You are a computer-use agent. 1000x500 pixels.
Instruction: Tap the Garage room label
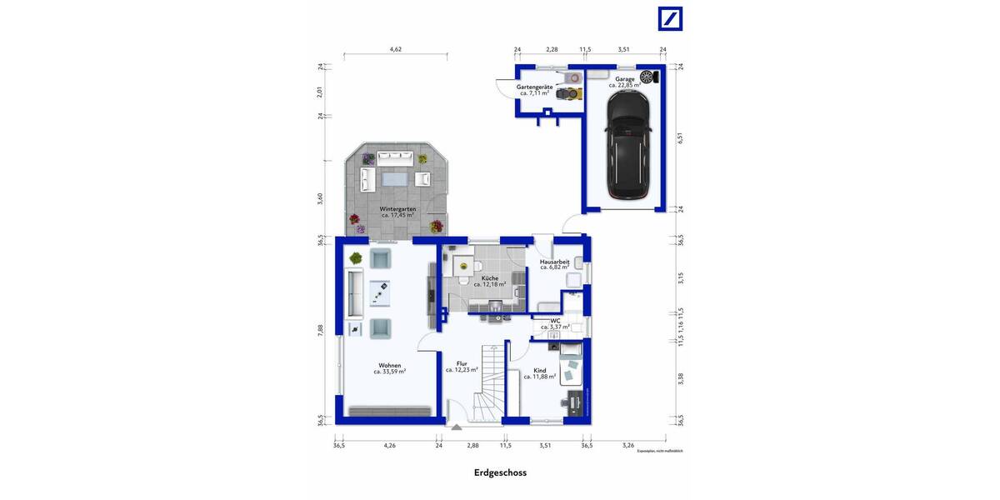point(624,79)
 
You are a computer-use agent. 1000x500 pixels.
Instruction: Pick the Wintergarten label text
point(397,208)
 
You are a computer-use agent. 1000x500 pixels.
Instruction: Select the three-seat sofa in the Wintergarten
point(396,157)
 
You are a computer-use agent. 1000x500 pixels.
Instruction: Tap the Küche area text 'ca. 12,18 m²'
point(490,284)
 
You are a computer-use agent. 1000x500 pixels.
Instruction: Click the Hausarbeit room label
point(554,262)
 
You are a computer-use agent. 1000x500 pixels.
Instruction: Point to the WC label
point(555,320)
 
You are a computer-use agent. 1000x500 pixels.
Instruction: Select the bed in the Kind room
point(572,364)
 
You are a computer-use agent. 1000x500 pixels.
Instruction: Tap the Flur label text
point(461,363)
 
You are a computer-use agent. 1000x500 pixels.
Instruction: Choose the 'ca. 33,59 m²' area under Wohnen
point(389,372)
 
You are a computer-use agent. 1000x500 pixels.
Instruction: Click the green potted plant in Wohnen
point(356,257)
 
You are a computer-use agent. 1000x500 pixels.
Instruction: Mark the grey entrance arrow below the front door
point(456,427)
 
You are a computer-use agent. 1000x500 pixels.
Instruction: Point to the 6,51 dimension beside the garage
point(680,138)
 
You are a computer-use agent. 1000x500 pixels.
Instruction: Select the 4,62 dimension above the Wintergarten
point(396,50)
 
